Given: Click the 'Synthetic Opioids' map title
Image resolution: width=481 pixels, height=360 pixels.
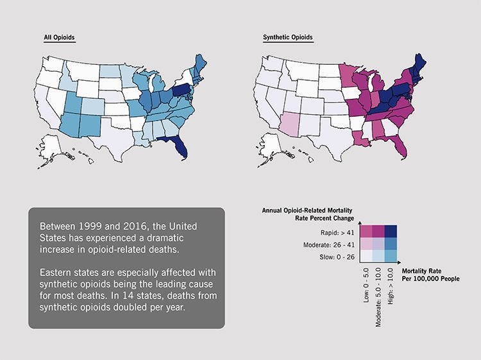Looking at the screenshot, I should pyautogui.click(x=288, y=37).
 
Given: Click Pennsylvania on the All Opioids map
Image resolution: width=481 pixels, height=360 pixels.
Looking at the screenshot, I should pyautogui.click(x=182, y=90).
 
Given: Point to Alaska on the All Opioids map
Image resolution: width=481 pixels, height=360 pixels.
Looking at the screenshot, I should pyautogui.click(x=55, y=146).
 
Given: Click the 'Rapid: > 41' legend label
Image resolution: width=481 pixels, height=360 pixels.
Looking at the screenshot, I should pyautogui.click(x=341, y=232).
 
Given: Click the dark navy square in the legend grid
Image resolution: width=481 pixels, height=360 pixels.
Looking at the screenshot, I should pyautogui.click(x=391, y=232).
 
